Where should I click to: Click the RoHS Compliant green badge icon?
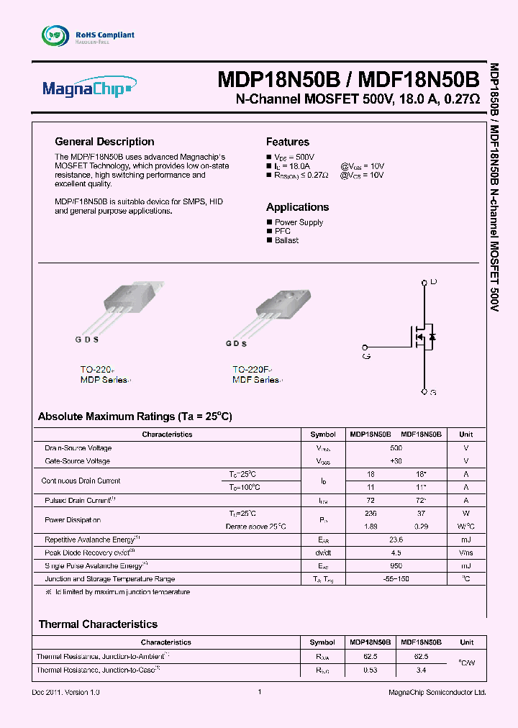click(54, 35)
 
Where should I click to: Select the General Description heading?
click(104, 142)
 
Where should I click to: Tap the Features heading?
click(287, 142)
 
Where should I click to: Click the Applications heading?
click(297, 206)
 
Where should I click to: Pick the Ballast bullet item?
click(286, 240)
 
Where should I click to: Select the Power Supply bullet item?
click(299, 222)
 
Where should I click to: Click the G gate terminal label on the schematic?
click(366, 355)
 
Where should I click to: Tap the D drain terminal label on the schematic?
click(433, 281)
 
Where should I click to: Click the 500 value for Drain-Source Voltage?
click(396, 447)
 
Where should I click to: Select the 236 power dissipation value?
click(371, 514)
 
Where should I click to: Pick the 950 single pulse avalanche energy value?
click(396, 565)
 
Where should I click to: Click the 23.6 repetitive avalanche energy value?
click(396, 540)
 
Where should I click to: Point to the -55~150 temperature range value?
click(396, 578)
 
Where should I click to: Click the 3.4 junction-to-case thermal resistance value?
click(421, 670)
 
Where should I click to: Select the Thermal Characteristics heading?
click(98, 624)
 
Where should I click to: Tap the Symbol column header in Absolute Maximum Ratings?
click(323, 434)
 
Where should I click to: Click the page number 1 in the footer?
click(259, 692)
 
